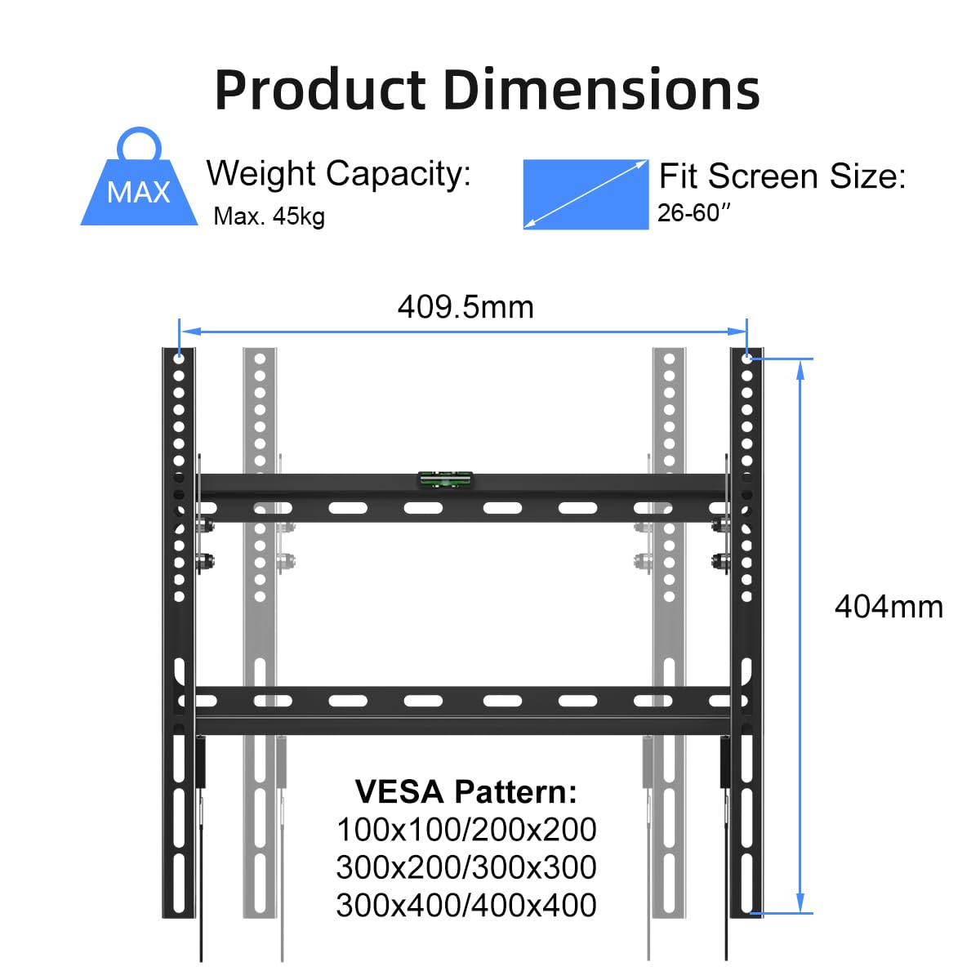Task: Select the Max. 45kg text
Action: (269, 216)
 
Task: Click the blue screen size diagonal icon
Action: (586, 194)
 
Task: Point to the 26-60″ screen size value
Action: (693, 213)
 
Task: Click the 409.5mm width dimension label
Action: (465, 307)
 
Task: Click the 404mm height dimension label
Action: (889, 607)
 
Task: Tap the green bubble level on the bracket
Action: (445, 480)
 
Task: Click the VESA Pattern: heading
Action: (466, 791)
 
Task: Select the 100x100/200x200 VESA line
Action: (466, 830)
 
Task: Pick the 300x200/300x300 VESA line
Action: (466, 867)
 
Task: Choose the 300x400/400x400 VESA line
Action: (466, 905)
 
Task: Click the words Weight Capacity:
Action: (338, 173)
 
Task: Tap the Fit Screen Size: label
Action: (782, 176)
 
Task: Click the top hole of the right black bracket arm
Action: (746, 358)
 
